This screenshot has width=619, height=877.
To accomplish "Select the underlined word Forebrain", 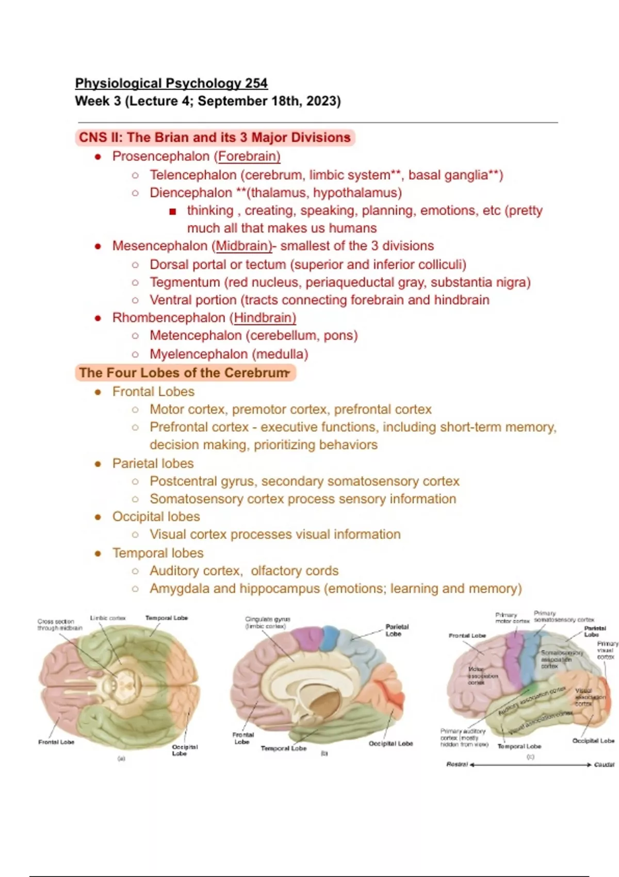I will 249,156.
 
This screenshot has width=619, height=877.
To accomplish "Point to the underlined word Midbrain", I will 243,246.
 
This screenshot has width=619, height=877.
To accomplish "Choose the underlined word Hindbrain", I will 265,318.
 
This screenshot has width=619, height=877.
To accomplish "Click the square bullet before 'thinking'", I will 172,212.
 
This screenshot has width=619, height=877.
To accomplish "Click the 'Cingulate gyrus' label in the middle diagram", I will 267,622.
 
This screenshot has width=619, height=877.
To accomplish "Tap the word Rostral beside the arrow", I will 457,765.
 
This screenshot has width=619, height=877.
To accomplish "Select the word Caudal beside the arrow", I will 604,765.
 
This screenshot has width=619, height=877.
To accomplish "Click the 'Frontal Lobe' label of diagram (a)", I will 56,742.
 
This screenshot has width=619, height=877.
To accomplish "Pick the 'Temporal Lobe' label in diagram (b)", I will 283,748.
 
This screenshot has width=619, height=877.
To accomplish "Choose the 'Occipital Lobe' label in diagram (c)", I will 593,741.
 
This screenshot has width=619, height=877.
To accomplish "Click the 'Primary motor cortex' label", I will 511,618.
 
